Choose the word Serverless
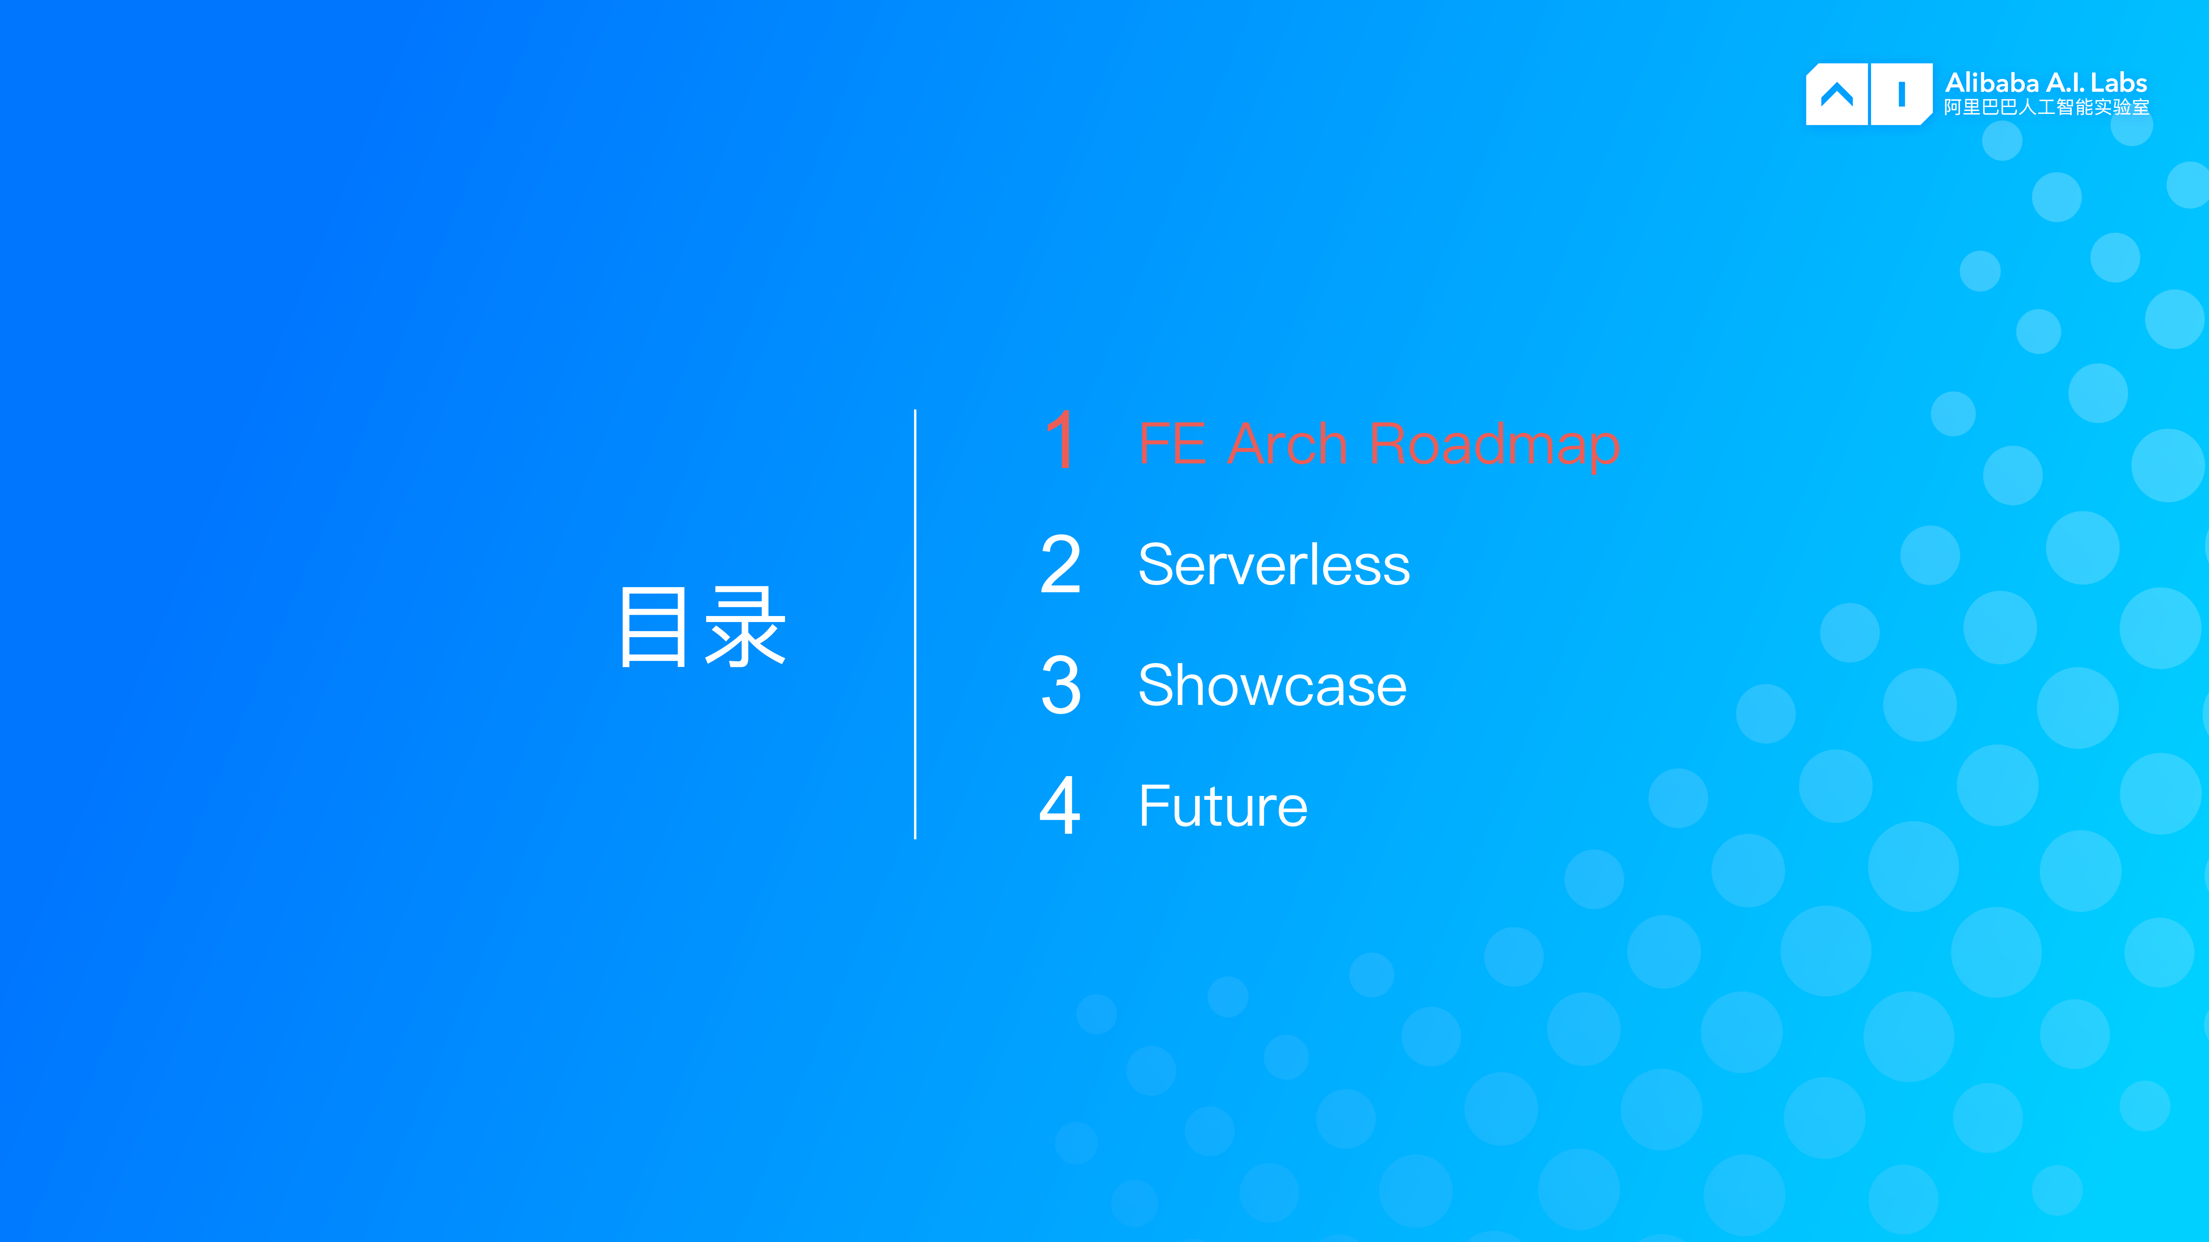coord(1273,566)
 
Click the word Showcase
coord(1272,686)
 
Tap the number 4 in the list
coord(1060,806)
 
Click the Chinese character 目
coord(653,627)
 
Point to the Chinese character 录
coord(744,627)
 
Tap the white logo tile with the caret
coord(1836,94)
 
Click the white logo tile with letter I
coord(1901,94)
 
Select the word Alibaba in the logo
coord(1991,83)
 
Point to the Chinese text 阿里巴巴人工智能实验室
coord(2046,107)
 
